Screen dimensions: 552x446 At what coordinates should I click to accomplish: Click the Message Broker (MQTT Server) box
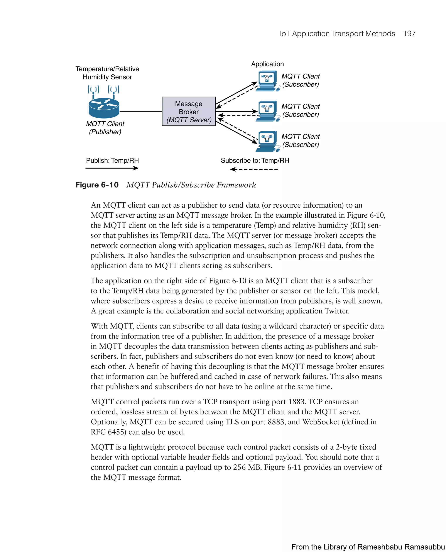[189, 111]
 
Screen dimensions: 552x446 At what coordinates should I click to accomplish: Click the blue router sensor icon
[104, 108]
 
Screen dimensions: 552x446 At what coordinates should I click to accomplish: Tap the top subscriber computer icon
[267, 80]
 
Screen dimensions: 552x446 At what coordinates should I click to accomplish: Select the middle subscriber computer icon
[267, 110]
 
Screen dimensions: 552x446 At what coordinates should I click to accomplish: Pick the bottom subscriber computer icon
[267, 141]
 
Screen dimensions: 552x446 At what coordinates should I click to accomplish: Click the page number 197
[409, 34]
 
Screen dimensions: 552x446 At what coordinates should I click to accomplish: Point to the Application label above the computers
[267, 64]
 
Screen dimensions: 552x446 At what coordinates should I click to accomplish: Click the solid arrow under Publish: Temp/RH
[112, 168]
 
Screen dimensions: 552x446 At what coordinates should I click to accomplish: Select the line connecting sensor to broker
[141, 111]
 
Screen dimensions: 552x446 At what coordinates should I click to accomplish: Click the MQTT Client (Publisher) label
[105, 128]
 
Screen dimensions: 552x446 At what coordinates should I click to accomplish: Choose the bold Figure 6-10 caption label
[97, 185]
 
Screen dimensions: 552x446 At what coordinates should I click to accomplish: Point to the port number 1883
[297, 402]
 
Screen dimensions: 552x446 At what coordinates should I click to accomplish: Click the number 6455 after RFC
[117, 432]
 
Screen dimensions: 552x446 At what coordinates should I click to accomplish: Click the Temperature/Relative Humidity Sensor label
[107, 73]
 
